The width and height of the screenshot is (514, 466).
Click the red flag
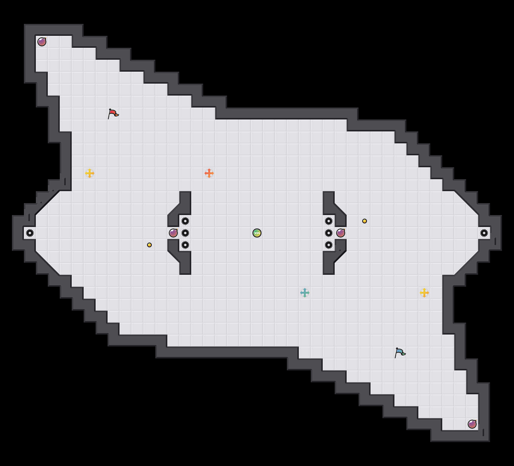(x=113, y=114)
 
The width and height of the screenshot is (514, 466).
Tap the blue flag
(x=400, y=352)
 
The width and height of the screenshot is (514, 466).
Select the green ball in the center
(x=257, y=233)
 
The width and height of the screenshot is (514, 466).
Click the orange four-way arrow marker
(x=209, y=173)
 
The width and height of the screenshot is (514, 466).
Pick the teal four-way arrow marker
(x=305, y=293)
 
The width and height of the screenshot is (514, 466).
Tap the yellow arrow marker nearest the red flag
(x=90, y=173)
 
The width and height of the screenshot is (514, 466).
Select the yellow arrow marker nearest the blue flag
(x=424, y=293)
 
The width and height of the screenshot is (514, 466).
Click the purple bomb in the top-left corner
(x=42, y=42)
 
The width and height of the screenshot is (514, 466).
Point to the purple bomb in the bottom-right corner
(x=472, y=424)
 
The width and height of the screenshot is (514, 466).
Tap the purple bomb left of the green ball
(x=173, y=233)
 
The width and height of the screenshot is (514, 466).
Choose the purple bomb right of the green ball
(x=341, y=233)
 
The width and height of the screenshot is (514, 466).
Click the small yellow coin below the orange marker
(x=149, y=245)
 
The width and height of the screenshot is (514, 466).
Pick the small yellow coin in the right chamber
(x=365, y=221)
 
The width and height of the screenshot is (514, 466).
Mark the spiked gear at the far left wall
(x=30, y=233)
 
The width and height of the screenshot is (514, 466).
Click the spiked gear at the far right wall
(x=484, y=233)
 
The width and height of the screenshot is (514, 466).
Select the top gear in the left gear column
(x=185, y=221)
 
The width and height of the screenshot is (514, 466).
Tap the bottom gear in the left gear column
(x=185, y=245)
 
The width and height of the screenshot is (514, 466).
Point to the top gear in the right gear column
(x=329, y=221)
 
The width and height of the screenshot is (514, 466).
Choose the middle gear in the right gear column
(x=329, y=233)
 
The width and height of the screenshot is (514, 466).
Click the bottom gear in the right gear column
(x=329, y=245)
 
